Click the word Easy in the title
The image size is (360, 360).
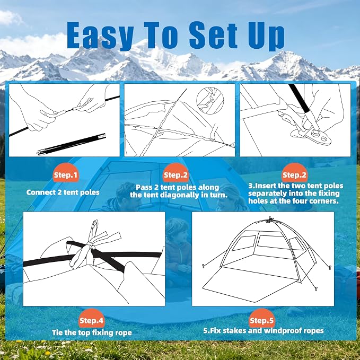tap(100, 35)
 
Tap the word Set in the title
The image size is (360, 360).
tap(213, 34)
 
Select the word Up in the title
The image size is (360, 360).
tap(266, 36)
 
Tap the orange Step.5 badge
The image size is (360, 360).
tap(262, 319)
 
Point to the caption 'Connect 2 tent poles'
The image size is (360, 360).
tap(63, 192)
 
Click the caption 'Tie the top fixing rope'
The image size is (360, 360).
tap(92, 332)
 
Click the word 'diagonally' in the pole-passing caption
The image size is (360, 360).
tap(180, 195)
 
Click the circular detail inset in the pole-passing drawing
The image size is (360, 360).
tap(210, 100)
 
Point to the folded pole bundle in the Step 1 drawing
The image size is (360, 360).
tap(72, 144)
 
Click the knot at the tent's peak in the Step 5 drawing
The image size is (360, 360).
tap(270, 219)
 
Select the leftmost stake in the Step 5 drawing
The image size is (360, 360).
tap(203, 266)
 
